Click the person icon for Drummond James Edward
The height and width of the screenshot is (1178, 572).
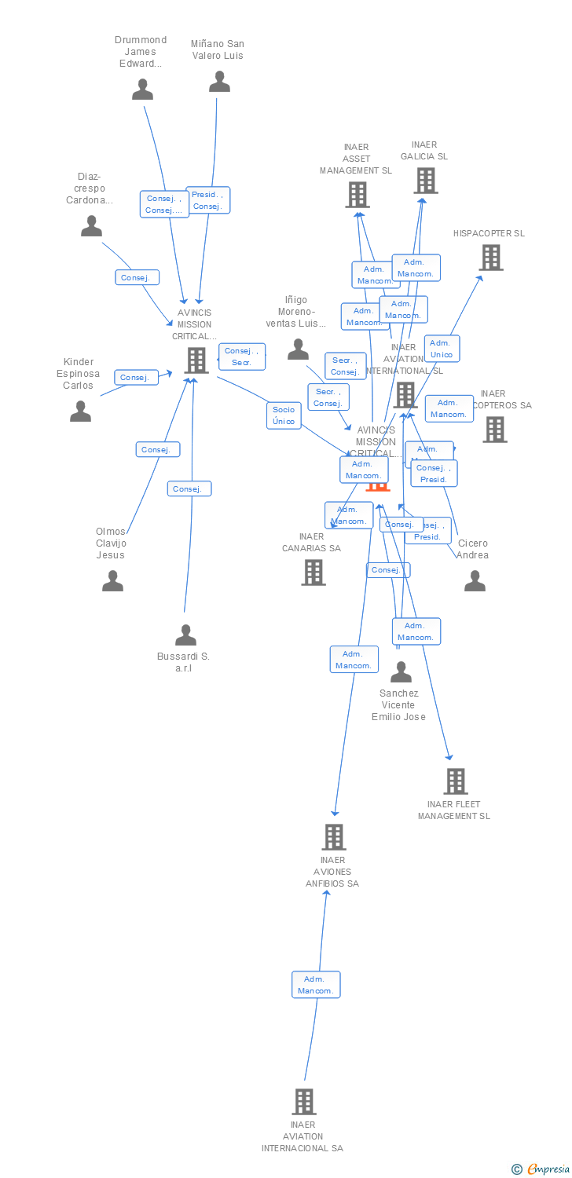[142, 90]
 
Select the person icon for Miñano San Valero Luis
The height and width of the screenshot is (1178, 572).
[219, 82]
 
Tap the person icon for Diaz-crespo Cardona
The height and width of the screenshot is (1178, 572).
[91, 226]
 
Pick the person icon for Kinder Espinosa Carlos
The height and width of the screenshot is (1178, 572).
[80, 411]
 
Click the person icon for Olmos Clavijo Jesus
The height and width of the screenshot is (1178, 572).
[112, 580]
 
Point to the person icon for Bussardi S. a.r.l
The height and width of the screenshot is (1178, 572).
[185, 635]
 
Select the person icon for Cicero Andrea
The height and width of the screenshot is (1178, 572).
[475, 580]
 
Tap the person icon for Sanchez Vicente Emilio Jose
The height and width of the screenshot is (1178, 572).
[401, 671]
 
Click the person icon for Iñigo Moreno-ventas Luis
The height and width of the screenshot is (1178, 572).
[298, 349]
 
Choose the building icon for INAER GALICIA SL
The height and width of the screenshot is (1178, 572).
[425, 181]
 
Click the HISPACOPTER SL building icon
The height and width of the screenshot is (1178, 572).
[490, 258]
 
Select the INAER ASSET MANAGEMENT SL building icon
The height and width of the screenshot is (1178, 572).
[357, 195]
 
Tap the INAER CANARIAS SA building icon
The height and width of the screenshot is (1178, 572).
[313, 573]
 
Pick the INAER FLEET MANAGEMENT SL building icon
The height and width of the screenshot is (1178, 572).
[455, 781]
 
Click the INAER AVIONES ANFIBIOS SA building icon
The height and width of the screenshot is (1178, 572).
[333, 837]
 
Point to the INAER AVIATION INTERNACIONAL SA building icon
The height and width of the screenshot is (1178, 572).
[304, 1102]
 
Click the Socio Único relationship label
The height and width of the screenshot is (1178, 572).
[284, 415]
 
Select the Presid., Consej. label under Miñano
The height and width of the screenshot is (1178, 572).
[207, 200]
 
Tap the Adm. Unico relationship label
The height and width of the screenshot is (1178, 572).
[442, 349]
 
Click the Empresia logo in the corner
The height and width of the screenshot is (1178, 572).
[541, 1169]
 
